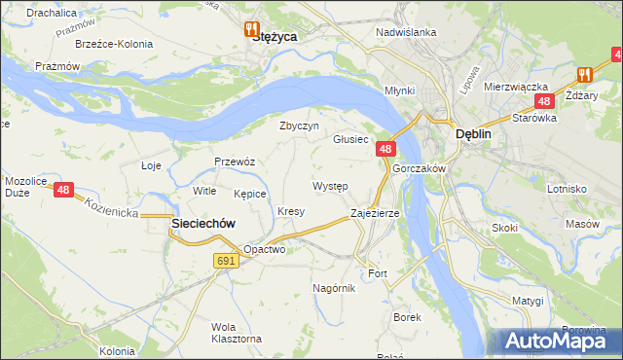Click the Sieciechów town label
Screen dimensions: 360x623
(203, 223)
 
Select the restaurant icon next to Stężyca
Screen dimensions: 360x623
(253, 29)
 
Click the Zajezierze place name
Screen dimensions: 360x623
(375, 212)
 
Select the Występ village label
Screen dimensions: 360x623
(331, 185)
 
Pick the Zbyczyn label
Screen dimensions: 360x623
(300, 126)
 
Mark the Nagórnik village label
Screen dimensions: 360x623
(334, 288)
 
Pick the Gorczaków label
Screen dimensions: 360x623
(419, 168)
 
